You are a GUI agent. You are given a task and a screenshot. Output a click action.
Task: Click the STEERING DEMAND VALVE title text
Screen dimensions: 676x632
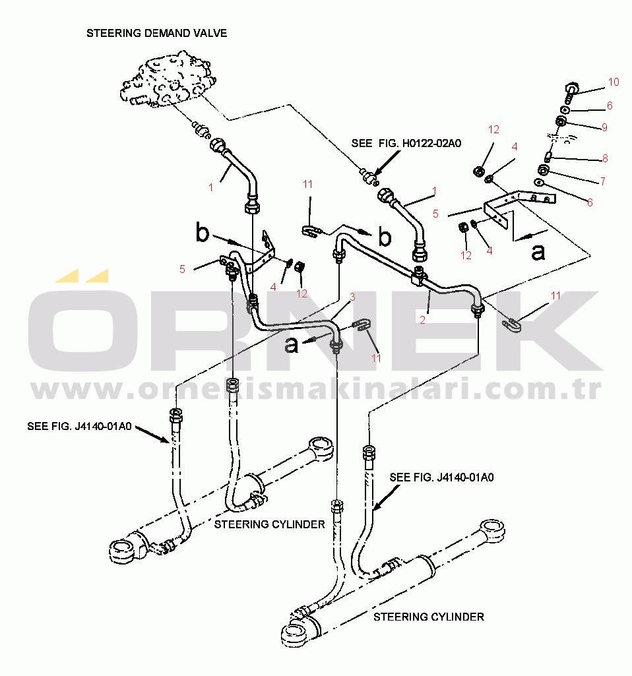[157, 33]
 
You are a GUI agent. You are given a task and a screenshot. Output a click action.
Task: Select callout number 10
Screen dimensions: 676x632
[614, 82]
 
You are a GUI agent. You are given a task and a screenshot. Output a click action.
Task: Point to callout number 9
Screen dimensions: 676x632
[604, 127]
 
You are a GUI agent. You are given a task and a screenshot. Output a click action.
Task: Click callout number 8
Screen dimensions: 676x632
[604, 158]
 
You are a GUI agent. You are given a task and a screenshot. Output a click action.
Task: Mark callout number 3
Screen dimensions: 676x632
[352, 297]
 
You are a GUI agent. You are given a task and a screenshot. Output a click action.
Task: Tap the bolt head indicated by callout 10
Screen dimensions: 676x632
[571, 87]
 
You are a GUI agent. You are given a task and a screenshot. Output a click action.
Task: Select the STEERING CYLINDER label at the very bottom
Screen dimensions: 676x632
[429, 617]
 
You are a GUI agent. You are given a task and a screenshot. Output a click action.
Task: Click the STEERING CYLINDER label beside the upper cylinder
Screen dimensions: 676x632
[270, 524]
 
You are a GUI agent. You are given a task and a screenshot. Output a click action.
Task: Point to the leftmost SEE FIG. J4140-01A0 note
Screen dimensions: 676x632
[80, 426]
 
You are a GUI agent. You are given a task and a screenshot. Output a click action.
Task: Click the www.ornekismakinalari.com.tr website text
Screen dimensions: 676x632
[317, 391]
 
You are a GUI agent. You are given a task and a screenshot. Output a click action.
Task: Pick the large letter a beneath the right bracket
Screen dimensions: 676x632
[538, 251]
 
